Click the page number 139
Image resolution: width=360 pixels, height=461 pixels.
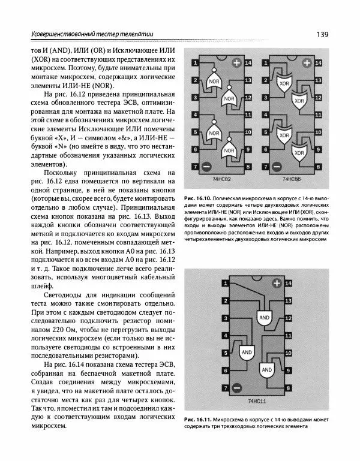[321, 34]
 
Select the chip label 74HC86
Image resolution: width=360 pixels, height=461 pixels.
[292, 179]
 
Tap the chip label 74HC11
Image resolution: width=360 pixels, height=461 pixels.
[256, 399]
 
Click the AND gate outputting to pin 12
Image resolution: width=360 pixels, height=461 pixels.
[263, 316]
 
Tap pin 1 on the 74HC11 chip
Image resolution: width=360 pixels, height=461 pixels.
[225, 282]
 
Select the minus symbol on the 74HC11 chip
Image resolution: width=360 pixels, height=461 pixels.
[236, 388]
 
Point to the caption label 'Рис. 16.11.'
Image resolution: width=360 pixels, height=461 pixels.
[199, 418]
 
